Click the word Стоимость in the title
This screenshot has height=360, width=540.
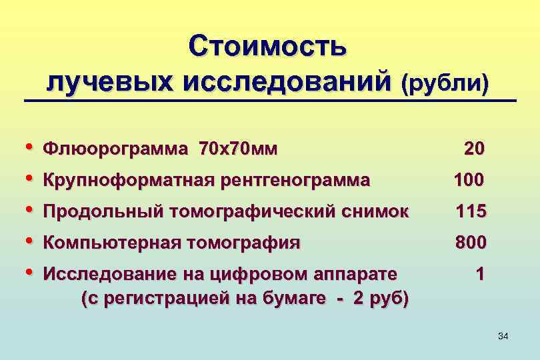pyautogui.click(x=267, y=47)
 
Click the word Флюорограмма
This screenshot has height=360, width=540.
pyautogui.click(x=116, y=149)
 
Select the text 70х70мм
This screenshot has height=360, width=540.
pyautogui.click(x=238, y=149)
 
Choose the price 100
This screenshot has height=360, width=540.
pyautogui.click(x=471, y=180)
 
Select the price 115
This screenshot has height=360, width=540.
pyautogui.click(x=471, y=212)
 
